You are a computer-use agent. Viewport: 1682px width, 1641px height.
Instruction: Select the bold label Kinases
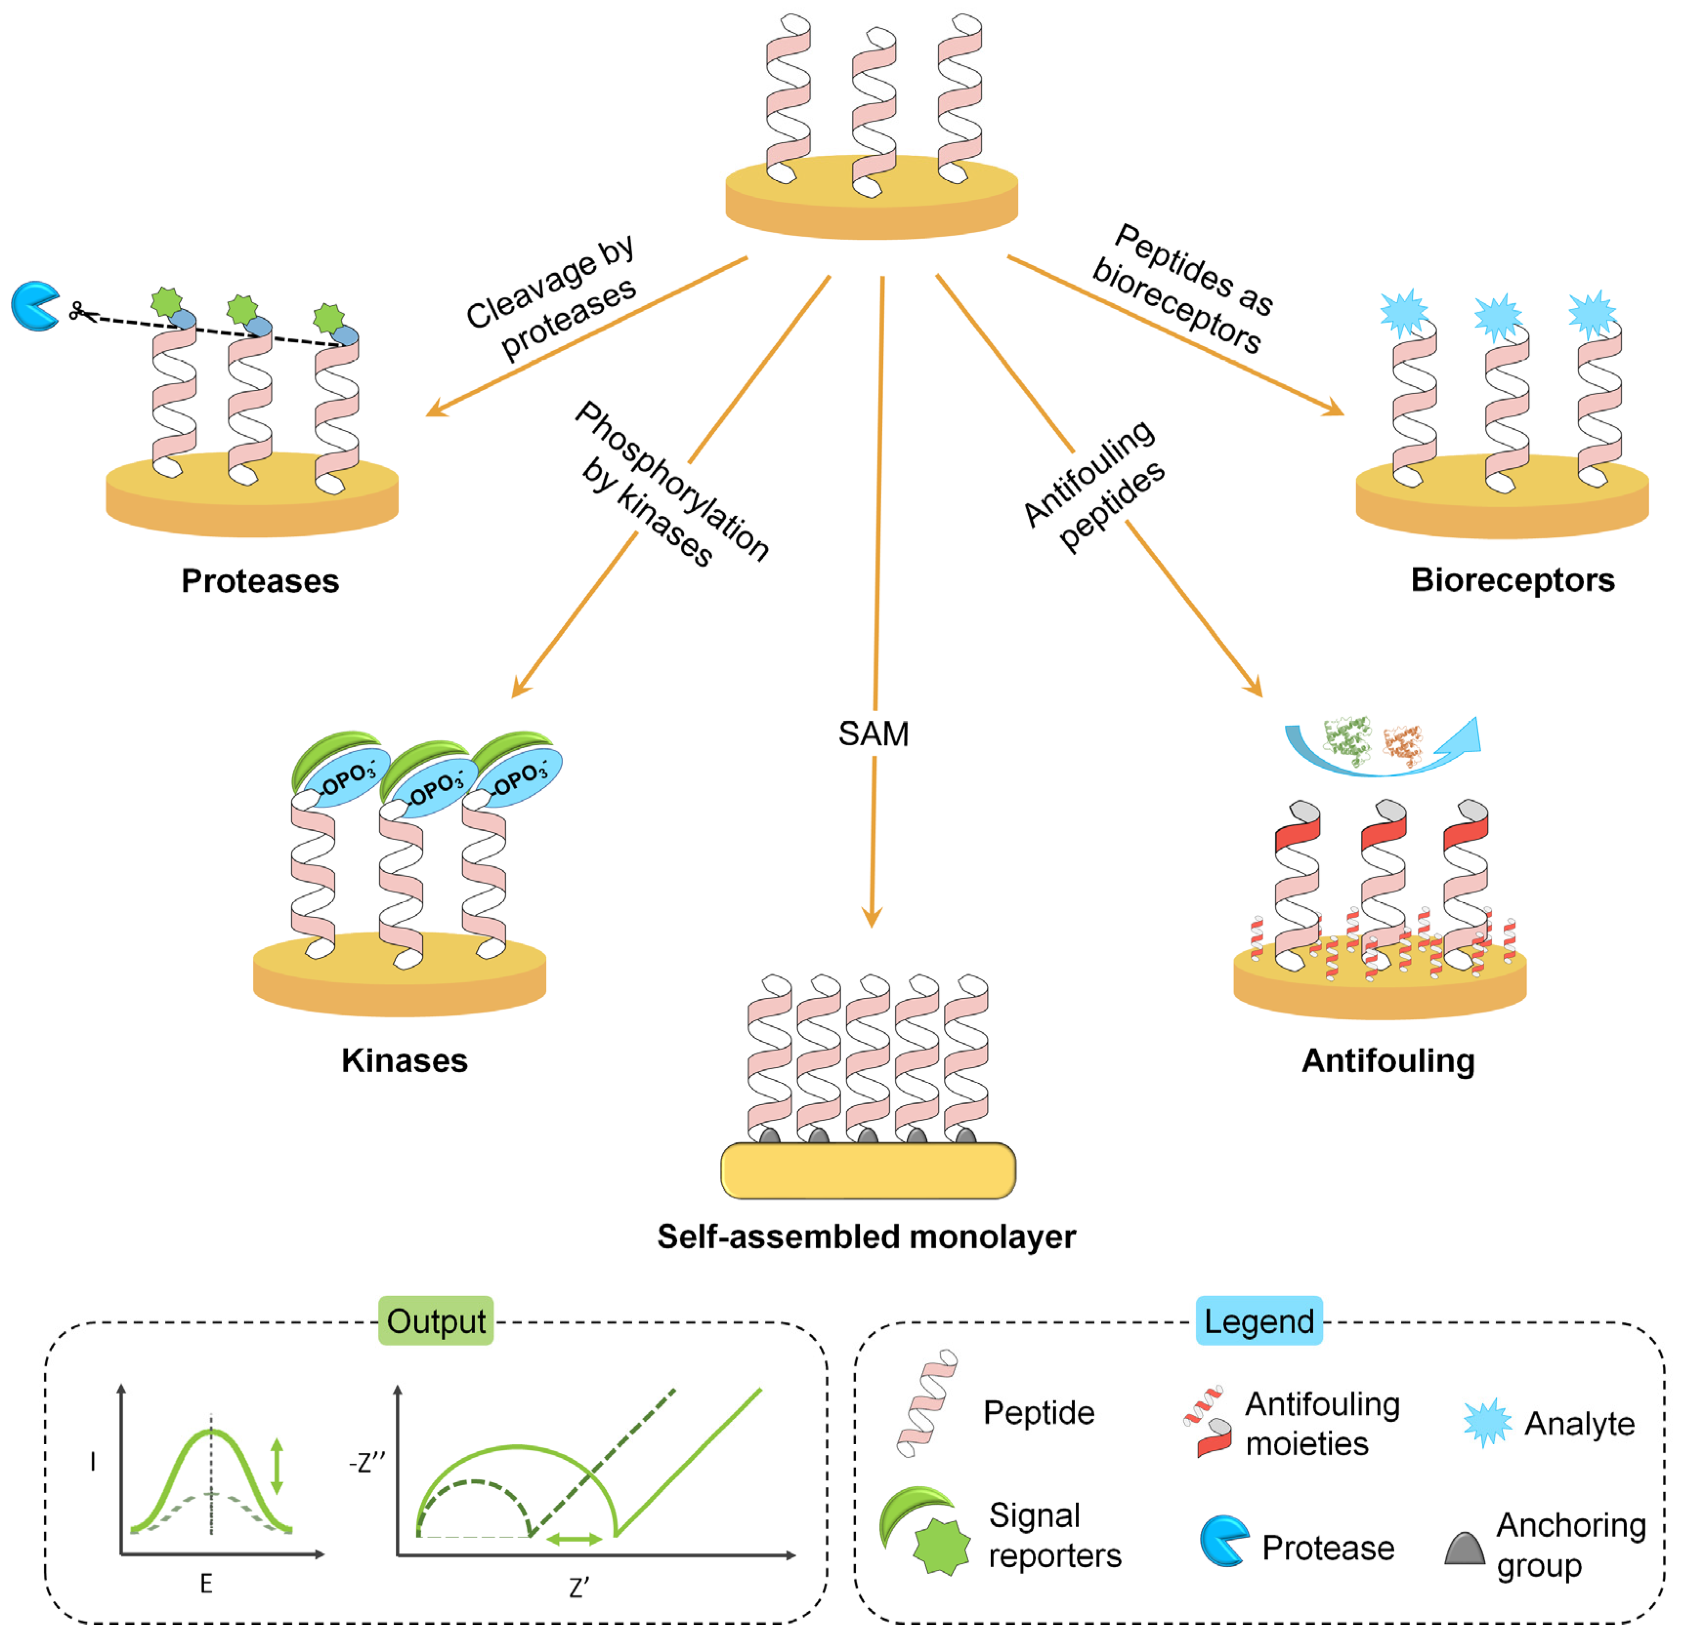click(405, 1060)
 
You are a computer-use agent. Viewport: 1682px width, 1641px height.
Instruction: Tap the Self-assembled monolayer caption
click(867, 1237)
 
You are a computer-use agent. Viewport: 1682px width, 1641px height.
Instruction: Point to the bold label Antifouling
click(1388, 1060)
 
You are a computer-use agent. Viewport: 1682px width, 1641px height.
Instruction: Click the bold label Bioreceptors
click(1512, 580)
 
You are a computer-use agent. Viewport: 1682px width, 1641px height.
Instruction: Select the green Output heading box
click(436, 1321)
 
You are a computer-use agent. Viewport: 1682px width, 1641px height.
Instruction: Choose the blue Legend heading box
click(1259, 1321)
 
